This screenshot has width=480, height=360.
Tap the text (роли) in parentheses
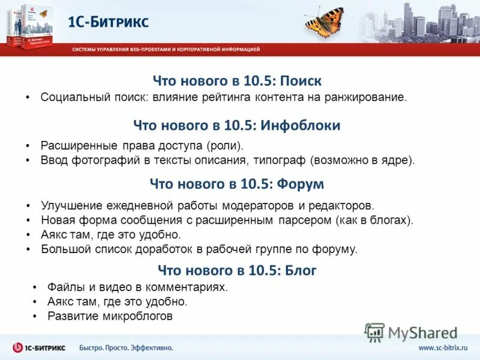pyautogui.click(x=226, y=145)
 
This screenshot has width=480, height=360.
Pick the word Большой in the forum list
pyautogui.click(x=62, y=248)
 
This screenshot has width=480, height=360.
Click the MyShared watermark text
pyautogui.click(x=422, y=333)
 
